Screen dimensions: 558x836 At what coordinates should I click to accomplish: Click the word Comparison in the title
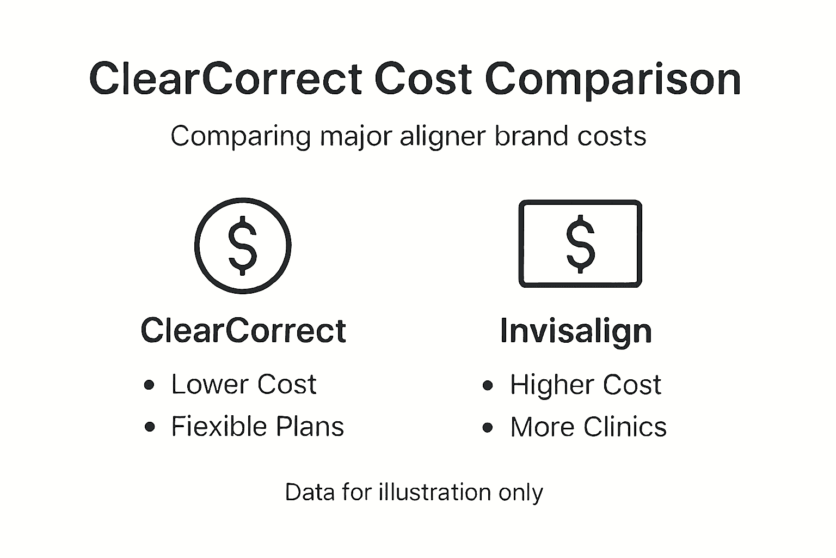click(613, 80)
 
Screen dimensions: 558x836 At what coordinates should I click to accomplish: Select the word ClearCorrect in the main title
click(226, 80)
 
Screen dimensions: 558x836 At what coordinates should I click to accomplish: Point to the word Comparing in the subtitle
click(241, 137)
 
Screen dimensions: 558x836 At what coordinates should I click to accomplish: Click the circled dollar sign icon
click(243, 246)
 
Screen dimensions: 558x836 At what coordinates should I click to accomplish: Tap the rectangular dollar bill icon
click(580, 244)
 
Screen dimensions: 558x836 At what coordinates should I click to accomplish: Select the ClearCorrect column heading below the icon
click(243, 330)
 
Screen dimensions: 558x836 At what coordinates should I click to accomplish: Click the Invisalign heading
click(576, 331)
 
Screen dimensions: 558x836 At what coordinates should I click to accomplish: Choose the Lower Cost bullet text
click(243, 385)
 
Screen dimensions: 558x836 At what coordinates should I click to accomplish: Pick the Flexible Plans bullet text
click(257, 427)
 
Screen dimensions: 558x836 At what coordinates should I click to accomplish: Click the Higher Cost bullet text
click(585, 385)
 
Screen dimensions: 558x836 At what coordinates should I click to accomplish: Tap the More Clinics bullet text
click(588, 427)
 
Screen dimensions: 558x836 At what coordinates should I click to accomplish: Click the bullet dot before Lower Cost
click(150, 385)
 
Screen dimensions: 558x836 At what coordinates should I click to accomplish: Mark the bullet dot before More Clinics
click(488, 428)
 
